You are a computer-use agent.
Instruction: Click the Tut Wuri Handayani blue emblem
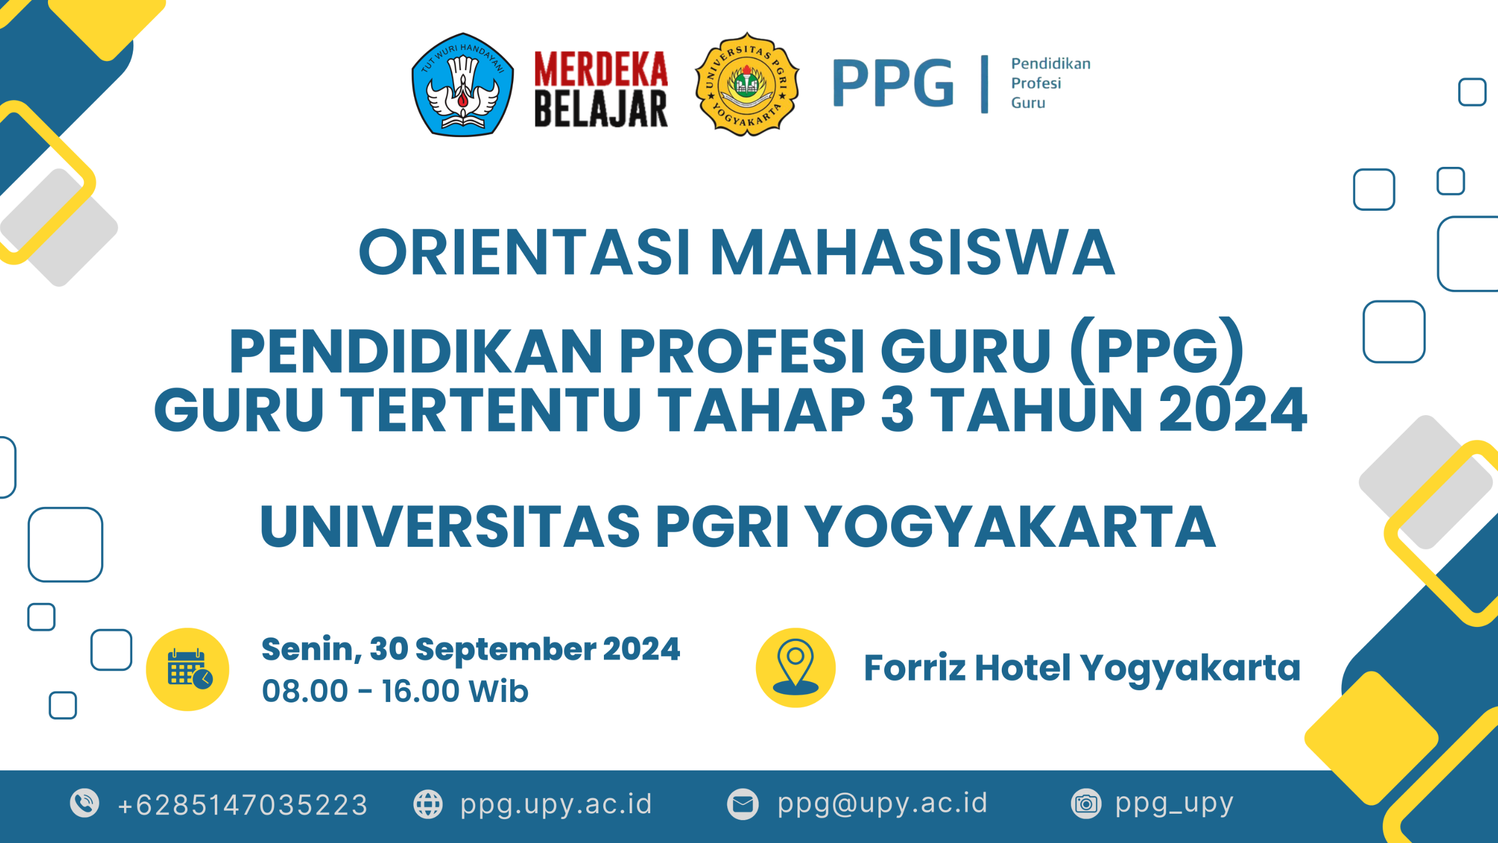[x=462, y=85]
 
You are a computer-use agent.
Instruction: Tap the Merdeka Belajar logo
[x=601, y=89]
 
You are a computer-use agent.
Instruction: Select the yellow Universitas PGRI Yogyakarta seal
[x=747, y=85]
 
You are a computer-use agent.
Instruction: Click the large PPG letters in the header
[x=893, y=83]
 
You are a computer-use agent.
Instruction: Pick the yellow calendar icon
[x=188, y=669]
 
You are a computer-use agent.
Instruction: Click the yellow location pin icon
[x=795, y=668]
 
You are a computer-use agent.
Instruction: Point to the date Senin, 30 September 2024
[x=470, y=649]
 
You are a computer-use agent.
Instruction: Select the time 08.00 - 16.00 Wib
[x=395, y=691]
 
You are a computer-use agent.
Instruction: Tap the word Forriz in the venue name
[x=914, y=668]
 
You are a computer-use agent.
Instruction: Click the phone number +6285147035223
[x=242, y=805]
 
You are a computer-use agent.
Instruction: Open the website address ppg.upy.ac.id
[x=556, y=804]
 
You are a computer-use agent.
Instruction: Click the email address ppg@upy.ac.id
[x=882, y=803]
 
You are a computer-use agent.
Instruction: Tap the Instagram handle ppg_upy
[x=1174, y=804]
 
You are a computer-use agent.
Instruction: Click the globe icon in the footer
[x=428, y=804]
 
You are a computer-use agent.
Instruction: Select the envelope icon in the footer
[x=743, y=804]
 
